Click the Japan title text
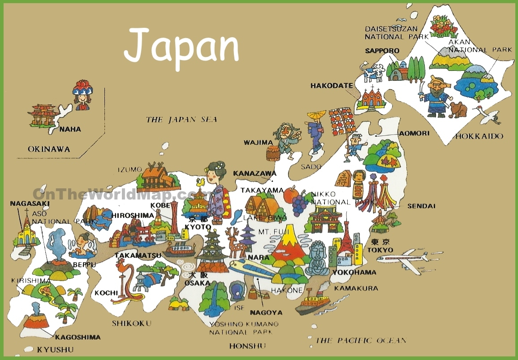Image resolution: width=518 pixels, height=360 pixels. tap(181, 47)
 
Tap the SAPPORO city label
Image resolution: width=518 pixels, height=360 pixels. tap(382, 51)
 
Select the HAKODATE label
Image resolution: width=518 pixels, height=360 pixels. tap(332, 85)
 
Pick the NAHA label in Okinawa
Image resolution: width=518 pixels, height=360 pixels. tap(70, 129)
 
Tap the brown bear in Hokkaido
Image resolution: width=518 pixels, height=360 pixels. tap(458, 109)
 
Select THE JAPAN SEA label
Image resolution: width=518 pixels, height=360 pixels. tap(181, 119)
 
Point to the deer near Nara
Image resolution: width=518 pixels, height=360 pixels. tap(233, 242)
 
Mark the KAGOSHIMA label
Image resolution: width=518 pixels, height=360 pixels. tap(78, 337)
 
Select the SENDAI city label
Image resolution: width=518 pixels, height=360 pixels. tap(421, 206)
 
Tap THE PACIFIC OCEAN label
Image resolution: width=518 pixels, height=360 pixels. tap(361, 340)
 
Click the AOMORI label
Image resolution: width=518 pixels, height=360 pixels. tap(414, 133)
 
